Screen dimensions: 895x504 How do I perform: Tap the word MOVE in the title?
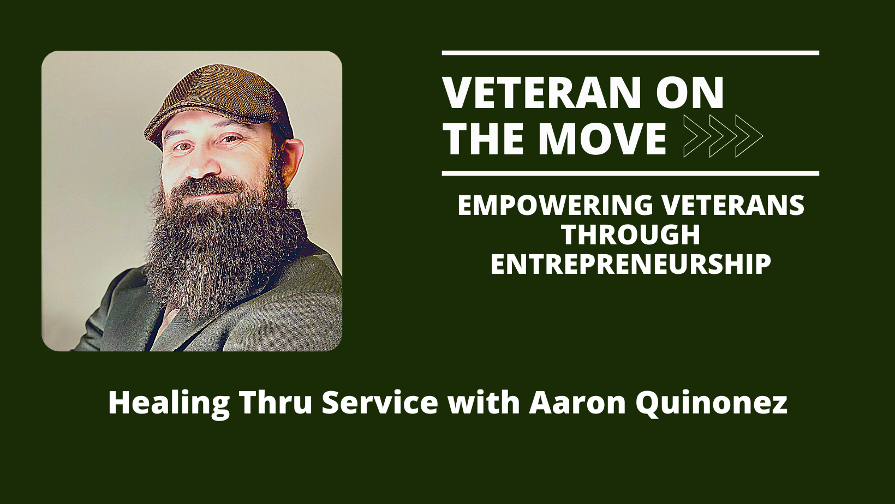(601, 139)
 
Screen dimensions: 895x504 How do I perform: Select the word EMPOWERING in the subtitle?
(555, 205)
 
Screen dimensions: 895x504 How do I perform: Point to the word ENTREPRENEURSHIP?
(630, 264)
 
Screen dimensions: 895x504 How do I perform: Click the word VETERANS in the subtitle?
(733, 205)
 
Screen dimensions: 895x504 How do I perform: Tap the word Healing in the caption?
(169, 403)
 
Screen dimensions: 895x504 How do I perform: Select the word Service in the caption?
(380, 403)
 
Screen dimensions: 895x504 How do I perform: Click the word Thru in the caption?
(275, 403)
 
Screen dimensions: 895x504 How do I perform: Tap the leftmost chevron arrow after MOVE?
(697, 136)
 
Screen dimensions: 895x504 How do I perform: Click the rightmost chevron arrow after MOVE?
(749, 136)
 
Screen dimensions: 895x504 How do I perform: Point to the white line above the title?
(630, 53)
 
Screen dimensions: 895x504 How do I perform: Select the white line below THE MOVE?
(630, 173)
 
